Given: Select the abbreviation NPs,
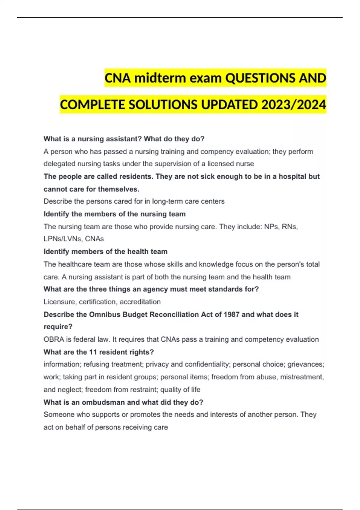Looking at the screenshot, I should point(272,226).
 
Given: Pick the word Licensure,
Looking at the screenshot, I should point(60,302).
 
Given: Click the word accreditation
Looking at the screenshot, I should point(140,302).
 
